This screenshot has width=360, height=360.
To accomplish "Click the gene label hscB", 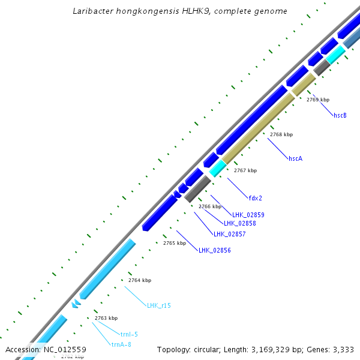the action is click(340, 115).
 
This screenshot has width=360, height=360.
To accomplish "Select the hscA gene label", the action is click(295, 158).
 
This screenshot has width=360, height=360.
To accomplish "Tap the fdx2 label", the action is click(255, 197).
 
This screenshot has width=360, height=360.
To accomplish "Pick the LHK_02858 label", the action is click(239, 223).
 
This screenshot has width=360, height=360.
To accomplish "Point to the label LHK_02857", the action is click(229, 234).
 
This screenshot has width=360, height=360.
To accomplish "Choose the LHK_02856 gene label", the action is click(214, 250).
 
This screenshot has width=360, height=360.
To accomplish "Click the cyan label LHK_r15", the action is click(159, 305).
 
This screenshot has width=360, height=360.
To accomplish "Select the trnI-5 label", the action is click(129, 334).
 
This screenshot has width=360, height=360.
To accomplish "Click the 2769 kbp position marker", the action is click(318, 100).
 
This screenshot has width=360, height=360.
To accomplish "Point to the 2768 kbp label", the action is click(281, 134).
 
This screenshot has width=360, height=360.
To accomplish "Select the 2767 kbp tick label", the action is click(245, 170).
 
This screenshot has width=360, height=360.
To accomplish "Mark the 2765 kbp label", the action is click(175, 243).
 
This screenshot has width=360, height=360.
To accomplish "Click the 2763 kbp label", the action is click(106, 318).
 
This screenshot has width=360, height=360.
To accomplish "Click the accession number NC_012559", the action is click(65, 349).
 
